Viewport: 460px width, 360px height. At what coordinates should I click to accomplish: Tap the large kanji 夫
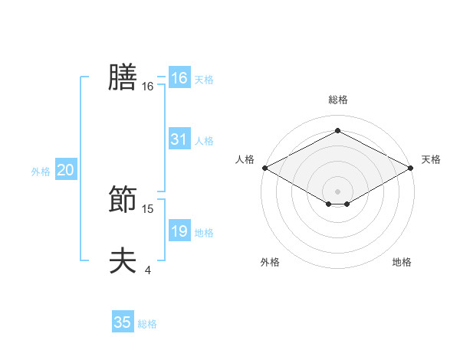tap(123, 260)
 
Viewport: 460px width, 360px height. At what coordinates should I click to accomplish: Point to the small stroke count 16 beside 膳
tap(148, 87)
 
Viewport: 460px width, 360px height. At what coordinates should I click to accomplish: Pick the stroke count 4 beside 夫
tap(147, 270)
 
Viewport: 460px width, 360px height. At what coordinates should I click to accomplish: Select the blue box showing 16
tap(179, 78)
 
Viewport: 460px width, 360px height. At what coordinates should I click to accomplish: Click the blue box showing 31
tap(179, 139)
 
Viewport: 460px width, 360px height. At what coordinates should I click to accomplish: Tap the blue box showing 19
tap(179, 231)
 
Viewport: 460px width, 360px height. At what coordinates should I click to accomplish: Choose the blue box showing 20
tap(65, 170)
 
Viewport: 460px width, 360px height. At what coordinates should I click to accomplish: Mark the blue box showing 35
tap(123, 322)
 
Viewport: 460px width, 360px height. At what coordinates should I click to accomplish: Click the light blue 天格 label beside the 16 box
tap(203, 80)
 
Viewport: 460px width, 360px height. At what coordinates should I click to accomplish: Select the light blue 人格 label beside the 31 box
tap(203, 141)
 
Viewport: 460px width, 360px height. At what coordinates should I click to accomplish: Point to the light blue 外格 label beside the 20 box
tap(41, 172)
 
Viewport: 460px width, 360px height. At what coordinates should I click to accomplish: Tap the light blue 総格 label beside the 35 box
tap(147, 324)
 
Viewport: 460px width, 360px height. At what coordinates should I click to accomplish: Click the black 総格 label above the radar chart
tap(337, 100)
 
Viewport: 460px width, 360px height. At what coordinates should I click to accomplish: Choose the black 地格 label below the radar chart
tap(402, 262)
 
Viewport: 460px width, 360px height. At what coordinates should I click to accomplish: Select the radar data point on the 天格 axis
tap(411, 168)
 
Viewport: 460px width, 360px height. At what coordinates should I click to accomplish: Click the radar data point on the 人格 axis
tap(264, 168)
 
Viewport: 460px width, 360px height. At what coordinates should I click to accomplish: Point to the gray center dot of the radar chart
tap(337, 191)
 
